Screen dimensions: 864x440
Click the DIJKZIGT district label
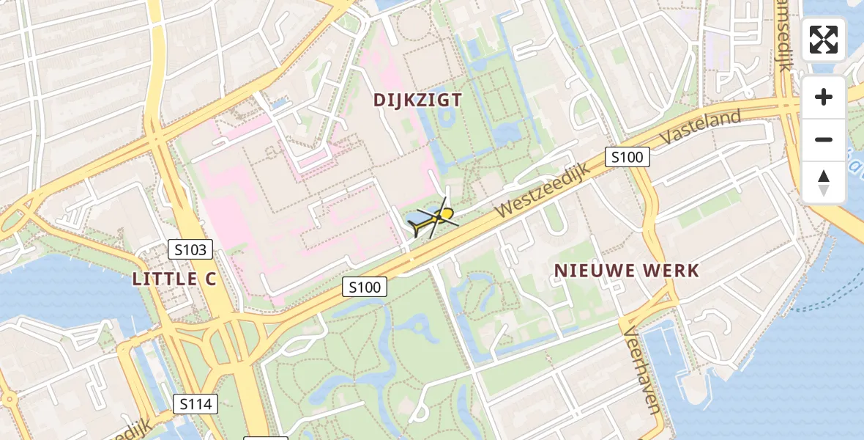(x=417, y=100)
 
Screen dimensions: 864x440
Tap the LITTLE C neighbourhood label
(x=175, y=279)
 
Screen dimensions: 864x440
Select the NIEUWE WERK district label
(x=626, y=271)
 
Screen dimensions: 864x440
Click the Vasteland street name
(x=701, y=126)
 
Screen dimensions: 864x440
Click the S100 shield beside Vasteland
(x=627, y=156)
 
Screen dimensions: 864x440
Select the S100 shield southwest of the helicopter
(x=365, y=287)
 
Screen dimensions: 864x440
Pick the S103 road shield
(x=190, y=250)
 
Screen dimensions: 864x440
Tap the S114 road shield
(x=195, y=403)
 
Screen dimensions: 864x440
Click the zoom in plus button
(x=824, y=97)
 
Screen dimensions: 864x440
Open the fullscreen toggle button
(x=824, y=40)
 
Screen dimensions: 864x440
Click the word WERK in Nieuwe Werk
(x=669, y=271)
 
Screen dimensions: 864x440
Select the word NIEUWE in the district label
(x=590, y=271)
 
